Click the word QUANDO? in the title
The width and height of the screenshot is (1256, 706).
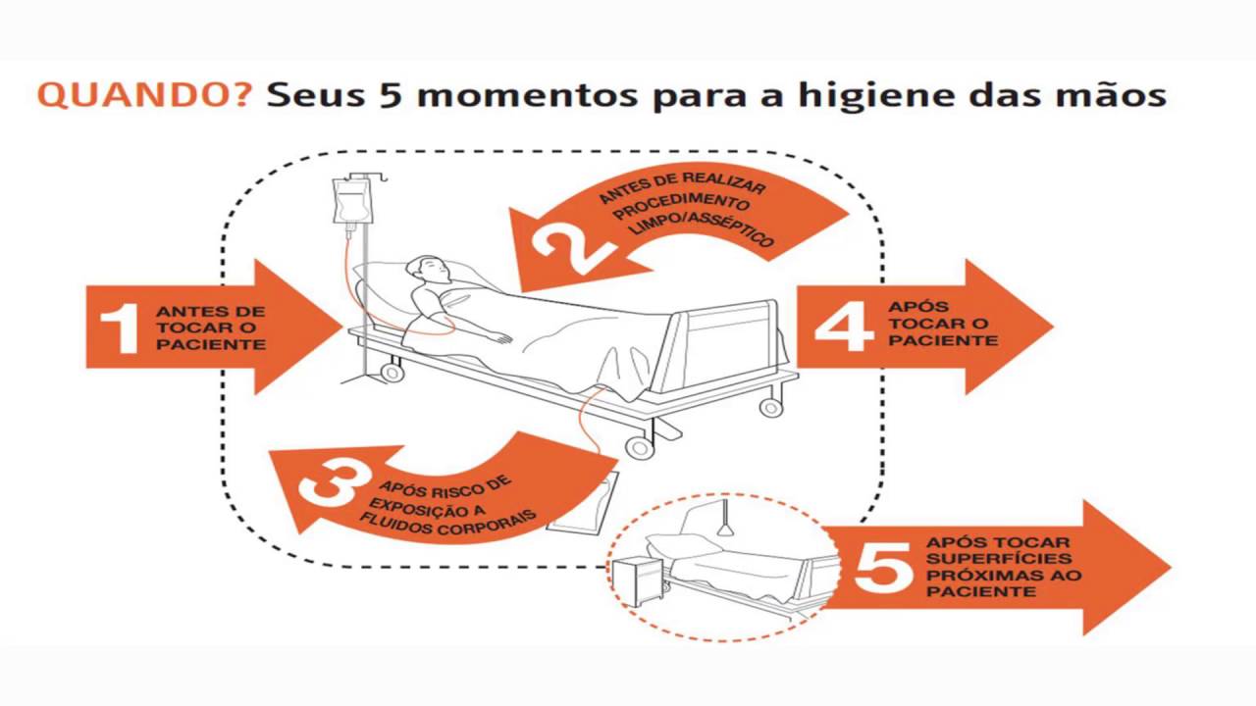pos(144,95)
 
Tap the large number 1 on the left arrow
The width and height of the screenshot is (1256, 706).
pos(121,328)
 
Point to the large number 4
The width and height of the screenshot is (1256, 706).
pos(843,325)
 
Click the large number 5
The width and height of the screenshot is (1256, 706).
pos(883,567)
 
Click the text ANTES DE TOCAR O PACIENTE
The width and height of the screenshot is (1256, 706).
pos(210,328)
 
